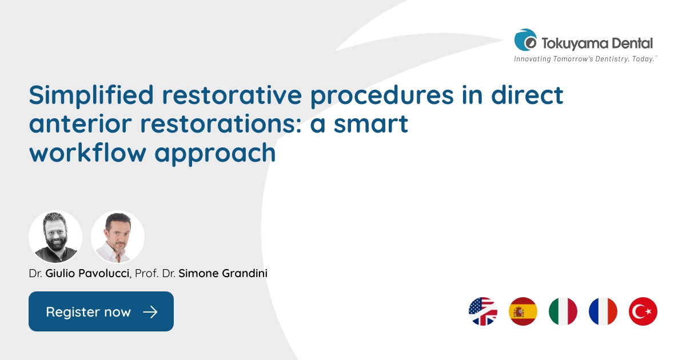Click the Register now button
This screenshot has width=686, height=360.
[101, 311]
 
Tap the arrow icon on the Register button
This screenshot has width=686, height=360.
[150, 312]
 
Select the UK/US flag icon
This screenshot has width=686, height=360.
[483, 311]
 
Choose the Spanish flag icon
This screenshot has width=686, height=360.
[523, 311]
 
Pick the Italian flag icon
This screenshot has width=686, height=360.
[563, 311]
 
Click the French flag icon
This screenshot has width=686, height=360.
[603, 311]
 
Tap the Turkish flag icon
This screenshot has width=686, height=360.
[643, 311]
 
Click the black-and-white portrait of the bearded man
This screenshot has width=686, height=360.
[55, 237]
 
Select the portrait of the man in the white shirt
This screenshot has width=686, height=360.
[118, 237]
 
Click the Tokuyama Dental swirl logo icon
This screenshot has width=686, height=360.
[525, 41]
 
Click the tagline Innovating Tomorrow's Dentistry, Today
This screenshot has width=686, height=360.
[585, 59]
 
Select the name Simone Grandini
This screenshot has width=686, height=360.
[223, 274]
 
